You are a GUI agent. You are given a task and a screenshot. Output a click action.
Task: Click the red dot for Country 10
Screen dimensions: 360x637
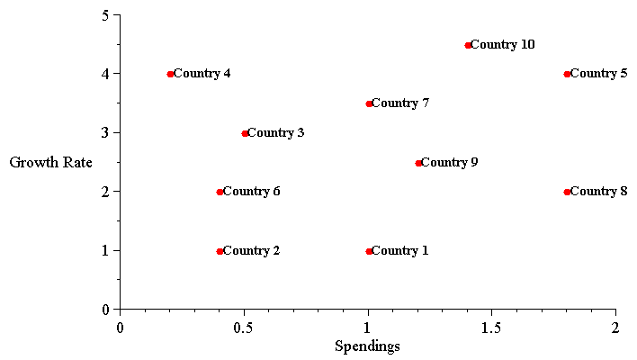(468, 45)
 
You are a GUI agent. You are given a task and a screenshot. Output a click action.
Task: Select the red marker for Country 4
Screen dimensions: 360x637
(170, 74)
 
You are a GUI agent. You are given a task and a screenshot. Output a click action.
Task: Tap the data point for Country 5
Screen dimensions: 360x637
(567, 74)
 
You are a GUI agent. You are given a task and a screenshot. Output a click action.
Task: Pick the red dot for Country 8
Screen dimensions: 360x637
(567, 192)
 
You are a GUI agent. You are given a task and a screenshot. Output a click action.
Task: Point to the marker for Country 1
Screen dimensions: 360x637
(369, 251)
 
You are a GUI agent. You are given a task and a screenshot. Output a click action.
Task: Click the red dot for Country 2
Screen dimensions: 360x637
(220, 251)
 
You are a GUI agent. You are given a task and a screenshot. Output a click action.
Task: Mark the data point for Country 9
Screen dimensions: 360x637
(418, 163)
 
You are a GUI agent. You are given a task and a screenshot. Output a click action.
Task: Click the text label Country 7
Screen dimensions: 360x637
(400, 103)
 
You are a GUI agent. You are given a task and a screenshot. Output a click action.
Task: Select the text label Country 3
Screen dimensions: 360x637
(275, 133)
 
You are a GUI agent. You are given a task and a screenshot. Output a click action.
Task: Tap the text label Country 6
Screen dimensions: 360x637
(251, 192)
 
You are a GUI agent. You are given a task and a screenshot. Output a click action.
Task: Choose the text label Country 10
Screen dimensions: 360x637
(503, 45)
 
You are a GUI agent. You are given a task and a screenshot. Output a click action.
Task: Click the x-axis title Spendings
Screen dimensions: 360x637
(367, 346)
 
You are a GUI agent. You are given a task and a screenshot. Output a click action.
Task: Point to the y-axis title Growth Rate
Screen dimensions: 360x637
(50, 163)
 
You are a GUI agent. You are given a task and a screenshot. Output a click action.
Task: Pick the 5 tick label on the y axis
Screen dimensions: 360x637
(106, 15)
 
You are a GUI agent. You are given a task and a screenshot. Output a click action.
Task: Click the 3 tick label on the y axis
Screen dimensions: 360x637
(106, 132)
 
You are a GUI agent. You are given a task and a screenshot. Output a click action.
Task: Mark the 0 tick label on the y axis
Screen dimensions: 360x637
(106, 310)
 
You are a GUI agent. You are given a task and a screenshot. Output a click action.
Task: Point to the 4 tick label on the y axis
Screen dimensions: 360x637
(106, 74)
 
